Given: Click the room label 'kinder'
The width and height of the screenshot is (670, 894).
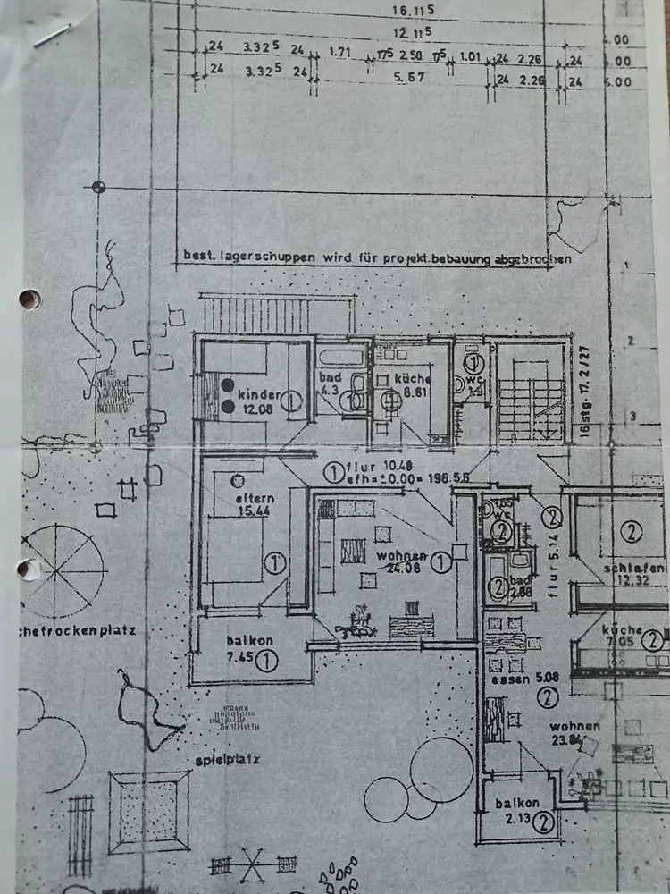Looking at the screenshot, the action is point(260,394).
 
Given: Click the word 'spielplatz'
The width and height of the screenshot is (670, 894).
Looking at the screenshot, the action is point(228,760).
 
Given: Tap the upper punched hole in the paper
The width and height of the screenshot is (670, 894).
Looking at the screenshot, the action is point(29,299).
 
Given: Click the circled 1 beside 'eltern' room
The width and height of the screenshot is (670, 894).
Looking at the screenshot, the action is point(275,563).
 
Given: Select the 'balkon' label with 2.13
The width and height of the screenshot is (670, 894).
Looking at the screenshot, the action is point(516,804).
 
